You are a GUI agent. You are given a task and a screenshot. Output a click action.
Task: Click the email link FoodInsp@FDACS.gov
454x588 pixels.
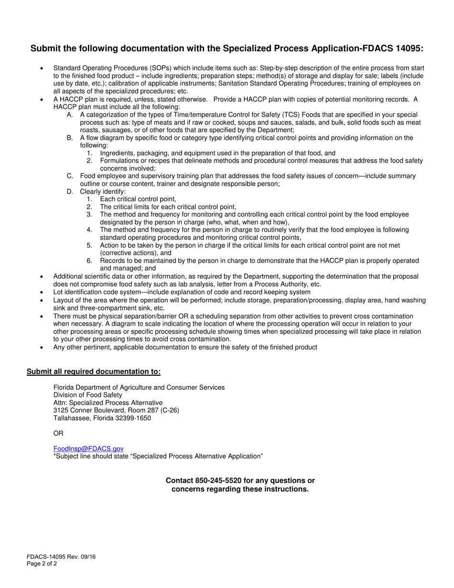[88, 448]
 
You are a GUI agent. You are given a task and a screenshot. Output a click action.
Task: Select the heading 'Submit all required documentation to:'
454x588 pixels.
[94, 371]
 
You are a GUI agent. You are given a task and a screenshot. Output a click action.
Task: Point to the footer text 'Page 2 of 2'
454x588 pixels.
[42, 564]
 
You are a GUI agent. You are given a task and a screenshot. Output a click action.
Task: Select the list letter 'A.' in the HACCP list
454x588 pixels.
[70, 115]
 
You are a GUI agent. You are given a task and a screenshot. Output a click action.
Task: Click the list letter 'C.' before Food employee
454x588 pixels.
[70, 176]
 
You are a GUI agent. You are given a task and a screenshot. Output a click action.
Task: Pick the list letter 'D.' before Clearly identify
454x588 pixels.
[70, 191]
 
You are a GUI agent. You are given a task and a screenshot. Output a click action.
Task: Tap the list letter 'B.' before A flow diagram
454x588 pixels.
[70, 138]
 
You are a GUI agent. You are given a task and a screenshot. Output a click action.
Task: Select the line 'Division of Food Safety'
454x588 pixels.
[87, 395]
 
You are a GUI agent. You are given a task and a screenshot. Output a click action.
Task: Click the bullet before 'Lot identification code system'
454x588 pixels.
[43, 292]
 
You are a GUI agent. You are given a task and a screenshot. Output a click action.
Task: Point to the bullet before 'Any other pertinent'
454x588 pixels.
[43, 348]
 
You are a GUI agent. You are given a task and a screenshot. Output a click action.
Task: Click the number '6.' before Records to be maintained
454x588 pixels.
[89, 261]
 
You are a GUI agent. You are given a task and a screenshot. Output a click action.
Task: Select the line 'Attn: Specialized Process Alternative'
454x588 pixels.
[108, 403]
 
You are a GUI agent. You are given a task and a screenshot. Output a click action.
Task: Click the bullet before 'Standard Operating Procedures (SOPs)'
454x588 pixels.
[43, 69]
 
